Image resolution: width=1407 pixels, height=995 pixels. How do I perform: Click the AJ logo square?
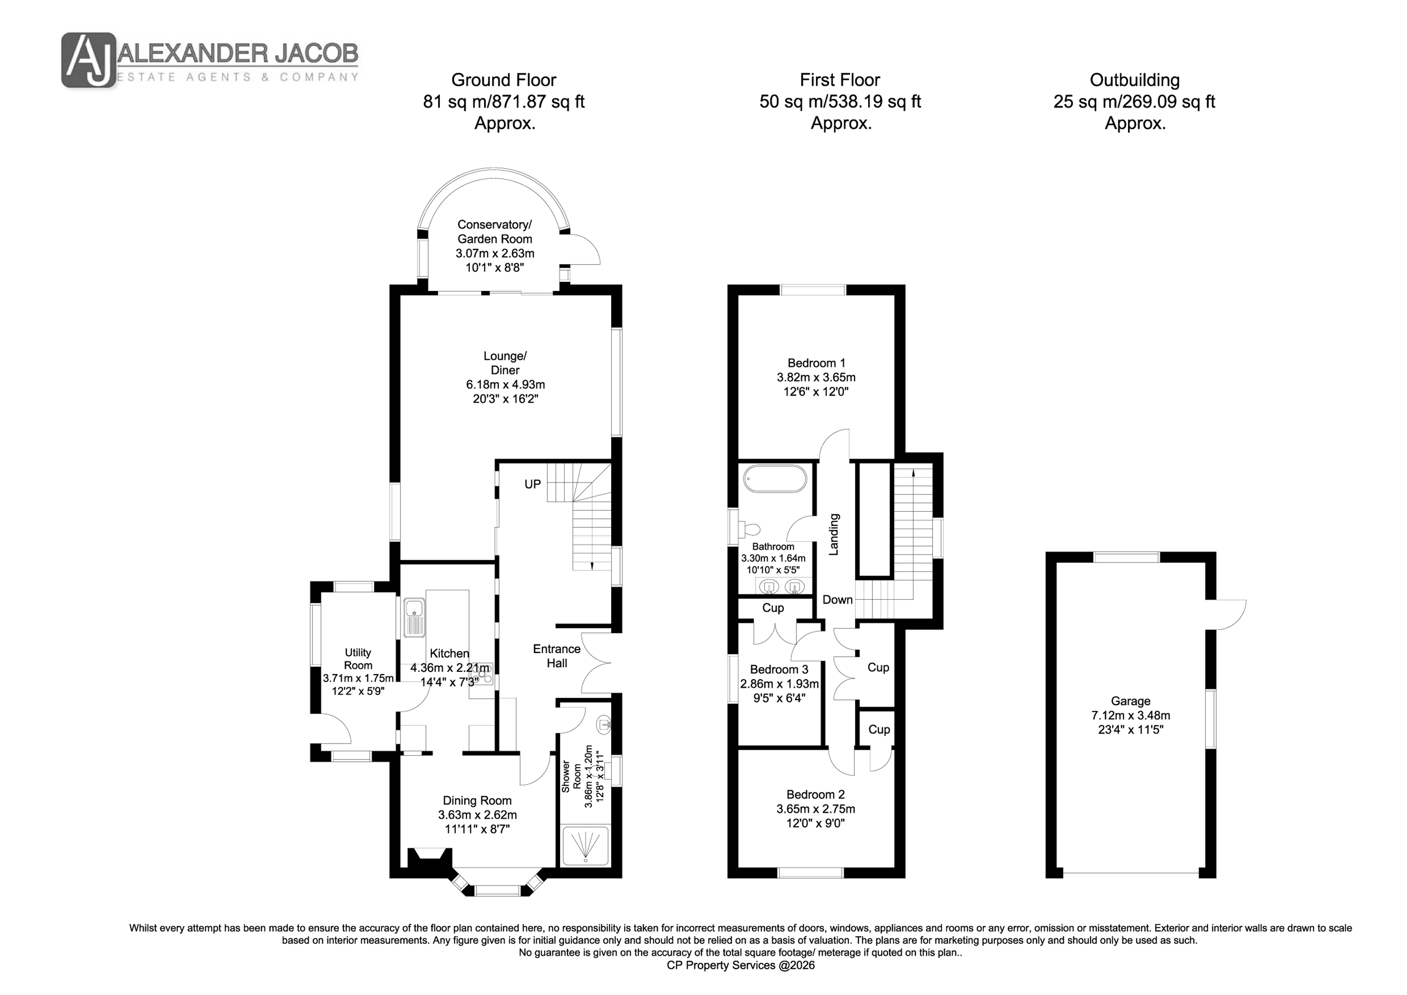click(89, 60)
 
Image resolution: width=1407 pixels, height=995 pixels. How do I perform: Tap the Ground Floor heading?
click(504, 80)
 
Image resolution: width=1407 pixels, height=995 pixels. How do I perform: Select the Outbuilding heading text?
click(1135, 80)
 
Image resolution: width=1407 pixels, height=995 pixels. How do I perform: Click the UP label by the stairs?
click(532, 484)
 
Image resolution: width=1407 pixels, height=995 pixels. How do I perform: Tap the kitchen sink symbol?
click(414, 617)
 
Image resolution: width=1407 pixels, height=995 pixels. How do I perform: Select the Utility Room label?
click(358, 659)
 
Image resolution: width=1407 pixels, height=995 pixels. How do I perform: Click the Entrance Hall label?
click(556, 656)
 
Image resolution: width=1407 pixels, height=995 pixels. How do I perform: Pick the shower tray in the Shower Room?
click(586, 847)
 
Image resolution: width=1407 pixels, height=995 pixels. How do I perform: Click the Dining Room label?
click(477, 801)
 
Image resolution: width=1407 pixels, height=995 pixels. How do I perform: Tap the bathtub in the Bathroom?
click(775, 479)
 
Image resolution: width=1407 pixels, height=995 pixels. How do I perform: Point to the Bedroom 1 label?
click(816, 364)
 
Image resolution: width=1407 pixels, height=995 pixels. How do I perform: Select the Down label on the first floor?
click(838, 600)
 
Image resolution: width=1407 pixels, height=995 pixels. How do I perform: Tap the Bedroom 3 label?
click(779, 669)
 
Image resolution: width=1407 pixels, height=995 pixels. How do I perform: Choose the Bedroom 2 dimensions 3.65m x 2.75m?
click(816, 809)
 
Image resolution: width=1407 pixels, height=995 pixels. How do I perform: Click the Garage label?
click(1131, 701)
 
